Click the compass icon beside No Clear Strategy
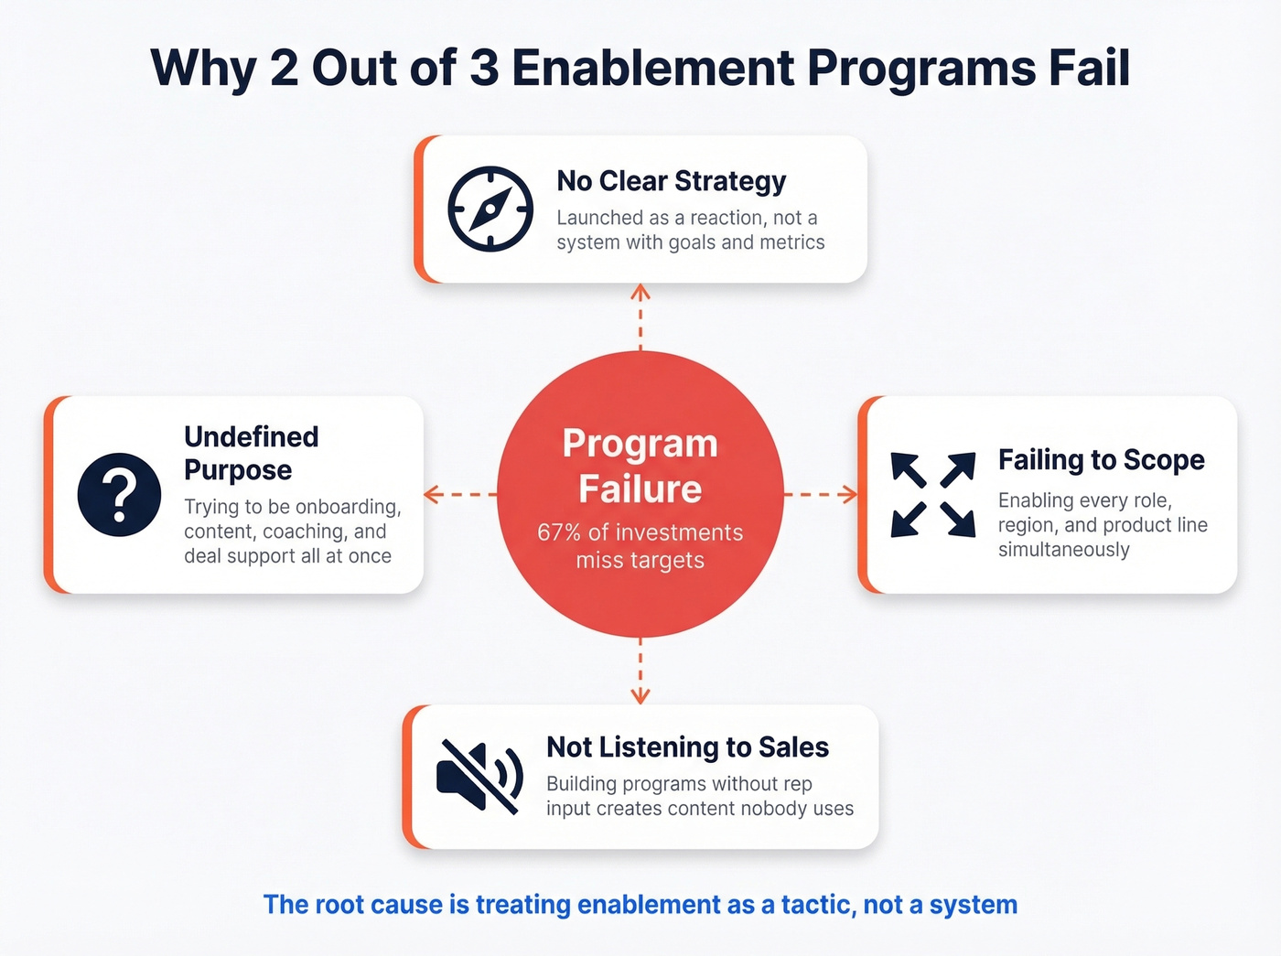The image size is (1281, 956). pos(490,209)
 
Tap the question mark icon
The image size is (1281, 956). pos(119,494)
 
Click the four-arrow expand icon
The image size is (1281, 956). pos(932,494)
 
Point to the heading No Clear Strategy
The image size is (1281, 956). pos(671,181)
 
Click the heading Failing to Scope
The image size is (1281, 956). pos(1101,459)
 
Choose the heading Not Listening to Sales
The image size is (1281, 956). pos(687,747)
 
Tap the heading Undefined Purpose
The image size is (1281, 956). pos(251,453)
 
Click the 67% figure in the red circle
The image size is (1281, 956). pos(558,532)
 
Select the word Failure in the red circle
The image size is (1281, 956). pos(640,489)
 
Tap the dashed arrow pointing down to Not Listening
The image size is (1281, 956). pos(640,671)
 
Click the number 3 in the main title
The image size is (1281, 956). pos(483,69)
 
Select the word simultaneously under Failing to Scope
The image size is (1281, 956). pos(1063,550)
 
